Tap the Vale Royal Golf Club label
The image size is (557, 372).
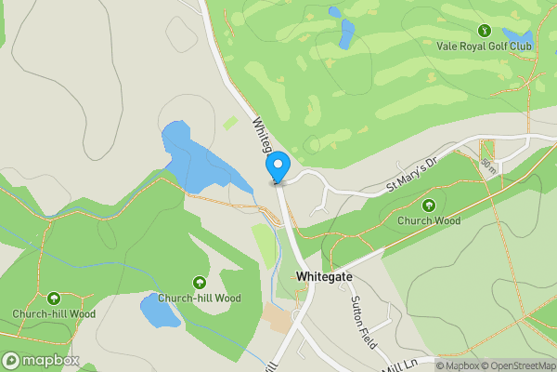(485, 45)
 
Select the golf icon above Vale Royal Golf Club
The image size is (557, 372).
(485, 29)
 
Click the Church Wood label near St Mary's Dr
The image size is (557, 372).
(429, 221)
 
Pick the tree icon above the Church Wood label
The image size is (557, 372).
(429, 206)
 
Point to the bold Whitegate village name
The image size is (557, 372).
(323, 276)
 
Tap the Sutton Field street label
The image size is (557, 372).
(362, 322)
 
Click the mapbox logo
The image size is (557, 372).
(40, 360)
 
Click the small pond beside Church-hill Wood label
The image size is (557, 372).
(160, 311)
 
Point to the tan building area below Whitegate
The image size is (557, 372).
(278, 317)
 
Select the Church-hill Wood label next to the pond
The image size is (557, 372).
(199, 299)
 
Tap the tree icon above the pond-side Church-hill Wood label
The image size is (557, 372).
(199, 283)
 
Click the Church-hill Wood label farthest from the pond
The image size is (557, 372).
(54, 313)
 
